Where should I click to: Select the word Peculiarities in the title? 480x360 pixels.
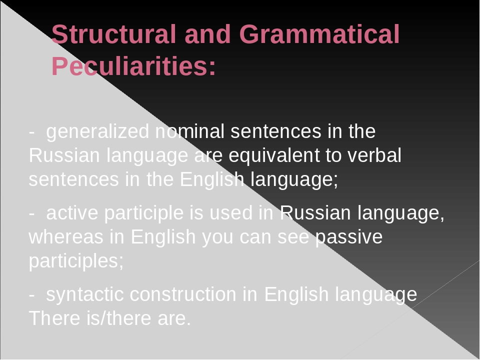click(133, 66)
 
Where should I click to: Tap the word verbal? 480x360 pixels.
click(373, 156)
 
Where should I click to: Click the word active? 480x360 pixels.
click(71, 213)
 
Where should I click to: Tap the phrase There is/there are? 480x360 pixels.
click(110, 318)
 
